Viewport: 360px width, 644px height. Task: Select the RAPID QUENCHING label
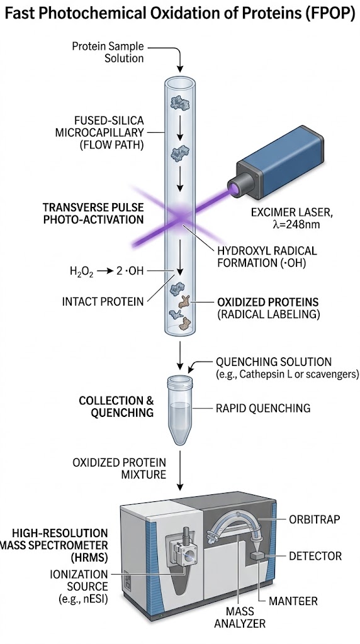coord(263,408)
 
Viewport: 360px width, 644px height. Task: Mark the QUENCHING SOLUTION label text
coord(273,362)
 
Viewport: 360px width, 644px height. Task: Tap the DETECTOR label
coord(315,556)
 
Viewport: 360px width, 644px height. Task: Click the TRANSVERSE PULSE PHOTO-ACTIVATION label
coord(93,213)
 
